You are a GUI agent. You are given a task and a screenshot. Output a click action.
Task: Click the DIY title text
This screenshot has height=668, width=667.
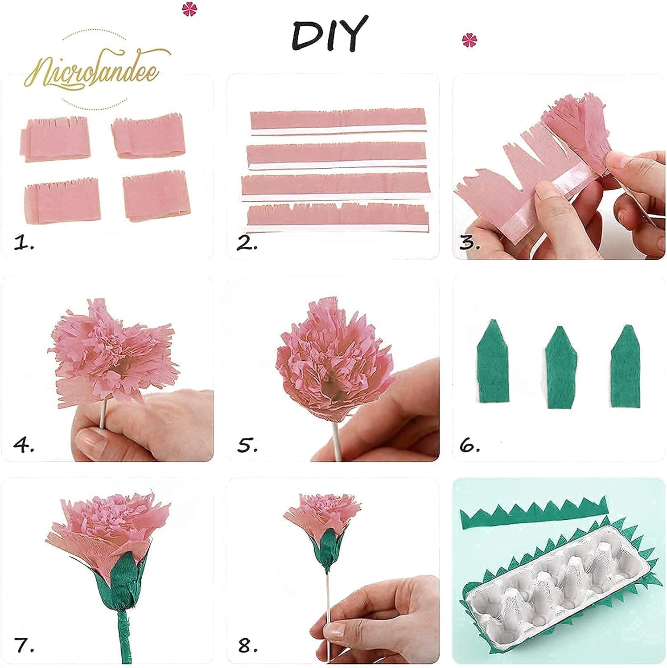click(329, 34)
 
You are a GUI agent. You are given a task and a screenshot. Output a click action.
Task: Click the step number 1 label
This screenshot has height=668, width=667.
click(23, 243)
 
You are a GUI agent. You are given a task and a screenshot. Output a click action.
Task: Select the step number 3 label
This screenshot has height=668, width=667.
click(469, 243)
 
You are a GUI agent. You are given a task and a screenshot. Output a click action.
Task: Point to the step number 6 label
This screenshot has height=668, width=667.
click(469, 445)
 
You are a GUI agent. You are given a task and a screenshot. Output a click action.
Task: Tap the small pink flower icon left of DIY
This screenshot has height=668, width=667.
click(189, 9)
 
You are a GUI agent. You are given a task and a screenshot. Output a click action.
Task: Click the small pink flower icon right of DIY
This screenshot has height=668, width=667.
click(469, 41)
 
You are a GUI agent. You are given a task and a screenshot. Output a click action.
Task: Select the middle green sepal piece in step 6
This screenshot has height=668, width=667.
click(561, 367)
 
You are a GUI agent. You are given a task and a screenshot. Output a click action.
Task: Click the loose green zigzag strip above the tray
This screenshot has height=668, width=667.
click(533, 514)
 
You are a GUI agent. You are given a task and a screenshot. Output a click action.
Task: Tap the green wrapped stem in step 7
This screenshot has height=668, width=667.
click(122, 637)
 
